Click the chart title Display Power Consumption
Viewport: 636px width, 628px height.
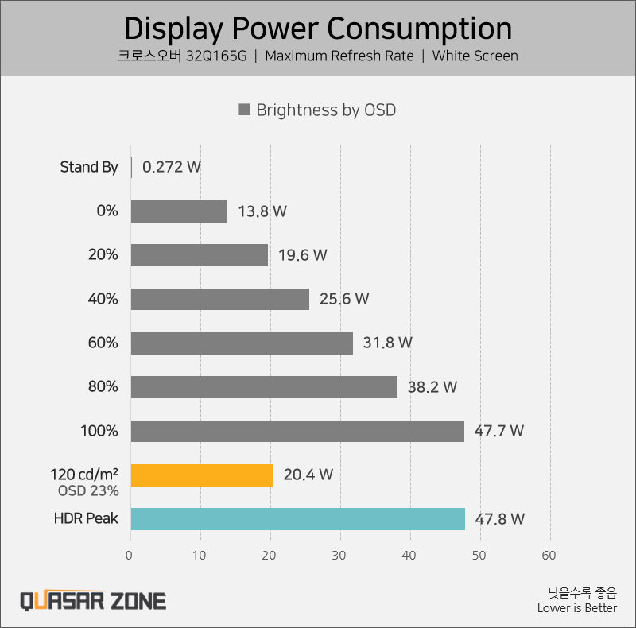click(318, 29)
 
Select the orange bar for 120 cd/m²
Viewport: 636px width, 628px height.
click(202, 475)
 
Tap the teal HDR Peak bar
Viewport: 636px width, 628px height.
click(297, 519)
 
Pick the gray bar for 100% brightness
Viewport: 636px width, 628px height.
click(297, 431)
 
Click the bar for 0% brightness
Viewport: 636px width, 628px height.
click(179, 211)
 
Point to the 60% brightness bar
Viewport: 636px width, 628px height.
click(242, 343)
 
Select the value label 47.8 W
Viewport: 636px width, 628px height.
click(500, 519)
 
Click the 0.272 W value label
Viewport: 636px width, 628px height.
click(171, 167)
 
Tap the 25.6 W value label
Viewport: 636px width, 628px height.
click(345, 299)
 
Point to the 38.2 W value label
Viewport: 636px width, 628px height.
click(432, 387)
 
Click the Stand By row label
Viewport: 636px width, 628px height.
click(89, 167)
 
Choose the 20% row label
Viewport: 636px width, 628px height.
click(103, 255)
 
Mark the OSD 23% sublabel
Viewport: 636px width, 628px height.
click(88, 490)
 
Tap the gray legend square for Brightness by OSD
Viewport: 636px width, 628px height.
click(245, 110)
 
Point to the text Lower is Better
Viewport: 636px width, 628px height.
click(576, 608)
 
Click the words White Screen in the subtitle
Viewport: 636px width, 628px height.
click(475, 56)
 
